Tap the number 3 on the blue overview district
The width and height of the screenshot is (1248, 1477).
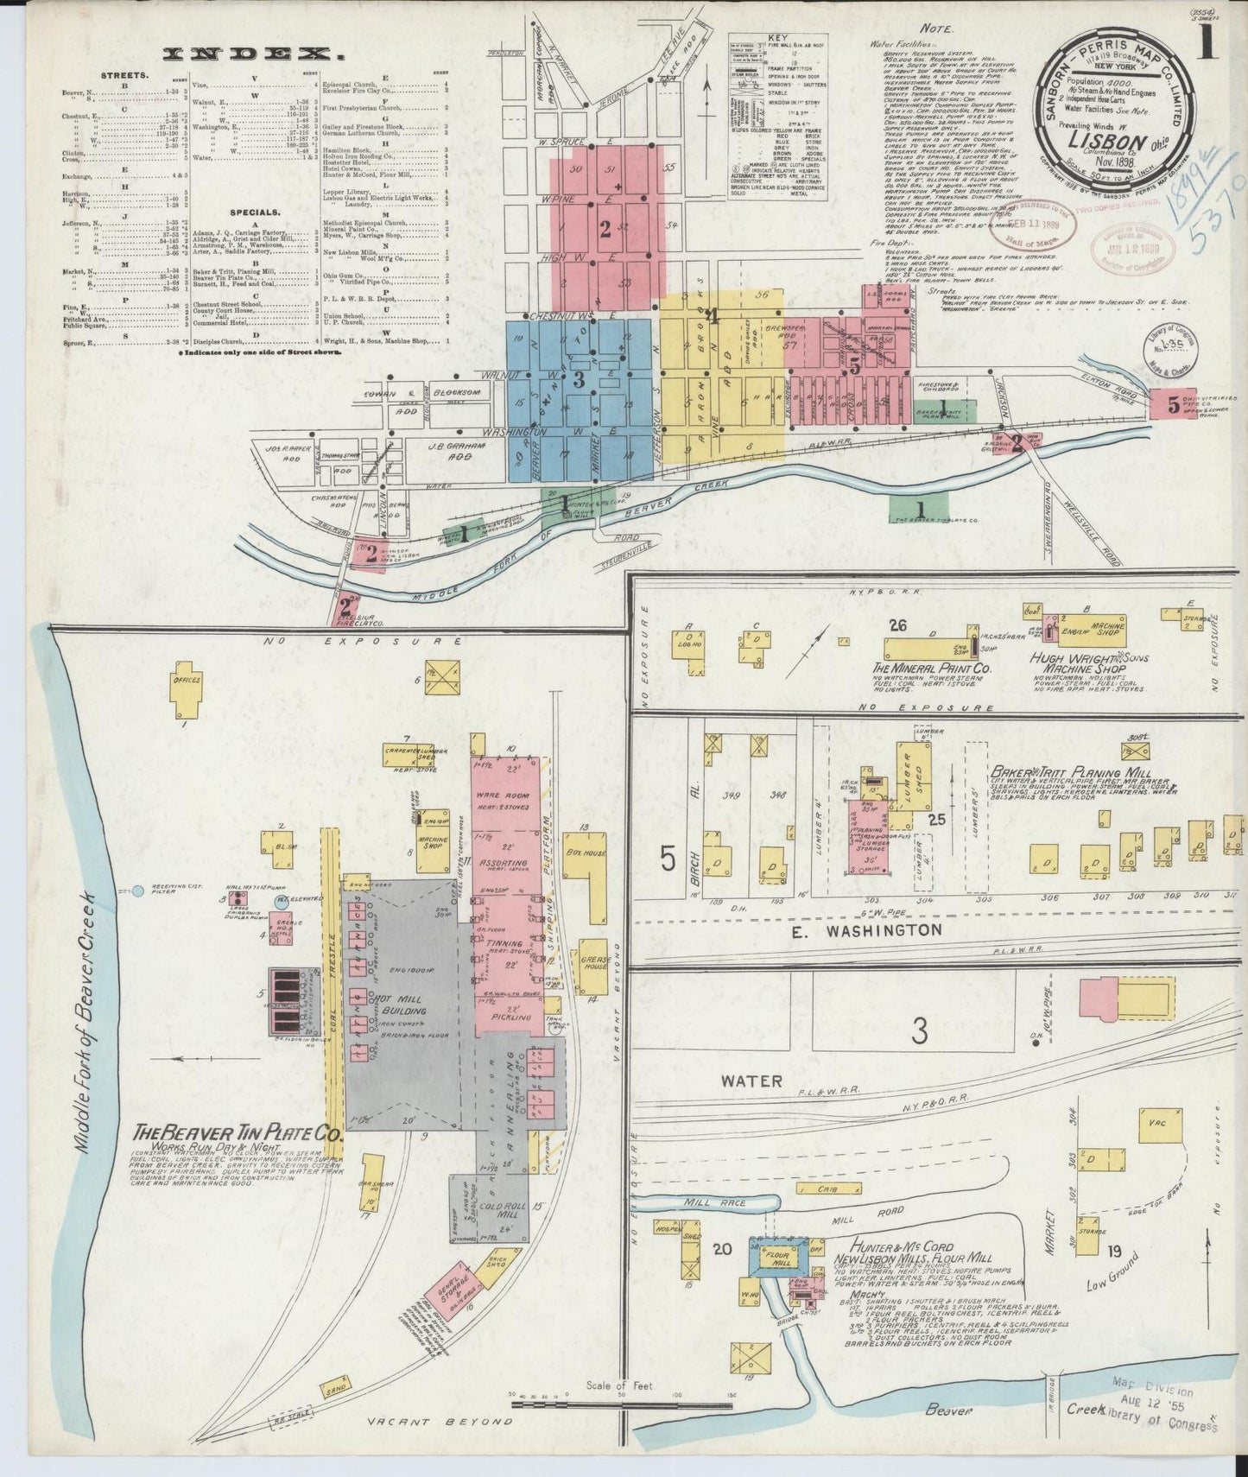tap(579, 379)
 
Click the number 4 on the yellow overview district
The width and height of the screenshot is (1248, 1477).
tap(713, 315)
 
